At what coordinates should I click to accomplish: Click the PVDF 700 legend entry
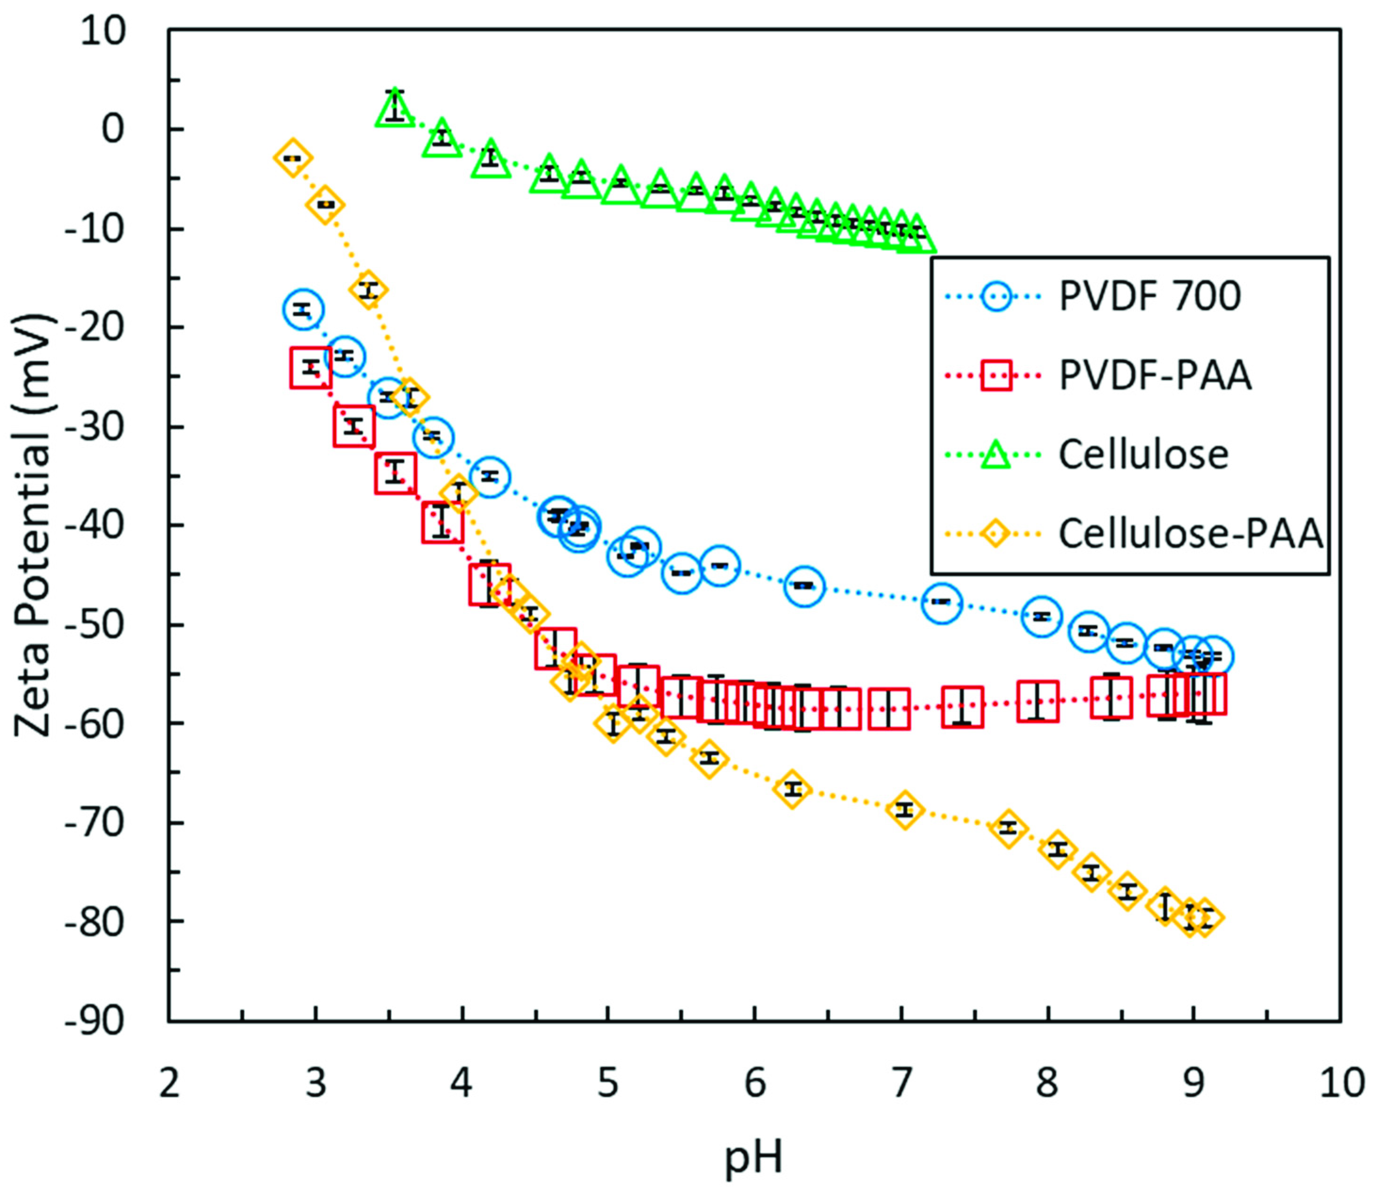1149,297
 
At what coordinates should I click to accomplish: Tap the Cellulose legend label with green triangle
1143,455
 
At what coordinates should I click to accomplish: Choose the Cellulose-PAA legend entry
1190,534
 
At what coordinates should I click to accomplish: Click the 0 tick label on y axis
113,129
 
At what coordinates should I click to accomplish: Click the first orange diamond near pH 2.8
293,159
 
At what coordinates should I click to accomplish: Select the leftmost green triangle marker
395,108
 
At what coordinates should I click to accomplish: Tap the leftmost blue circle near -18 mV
303,309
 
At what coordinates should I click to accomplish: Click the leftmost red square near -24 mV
311,367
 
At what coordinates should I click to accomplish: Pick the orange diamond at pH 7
904,810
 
